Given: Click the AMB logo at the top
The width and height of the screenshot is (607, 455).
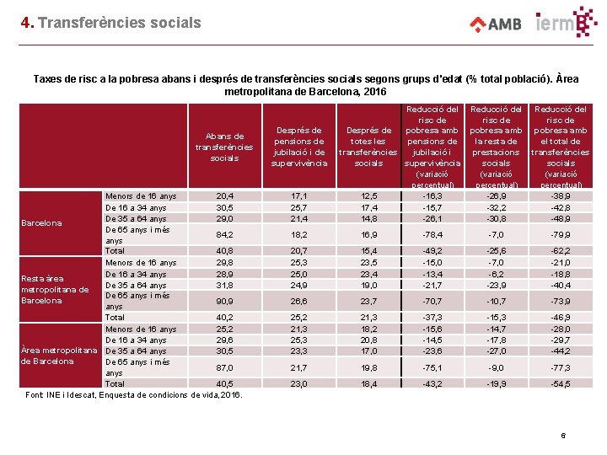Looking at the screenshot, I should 495,23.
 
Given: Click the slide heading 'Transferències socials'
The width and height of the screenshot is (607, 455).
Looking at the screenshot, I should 119,23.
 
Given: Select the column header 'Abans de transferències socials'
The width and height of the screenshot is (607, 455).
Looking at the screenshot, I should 224,147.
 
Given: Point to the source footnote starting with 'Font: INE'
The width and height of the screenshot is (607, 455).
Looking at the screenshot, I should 133,394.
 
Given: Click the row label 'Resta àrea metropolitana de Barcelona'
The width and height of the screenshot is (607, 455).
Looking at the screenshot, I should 55,289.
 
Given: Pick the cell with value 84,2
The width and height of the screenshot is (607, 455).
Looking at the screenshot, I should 225,234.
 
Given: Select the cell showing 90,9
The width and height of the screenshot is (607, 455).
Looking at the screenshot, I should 225,301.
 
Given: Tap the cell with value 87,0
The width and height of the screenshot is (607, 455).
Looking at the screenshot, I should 225,367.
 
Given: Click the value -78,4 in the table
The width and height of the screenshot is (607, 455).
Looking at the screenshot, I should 432,234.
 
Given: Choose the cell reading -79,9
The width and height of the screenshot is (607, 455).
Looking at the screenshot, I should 561,234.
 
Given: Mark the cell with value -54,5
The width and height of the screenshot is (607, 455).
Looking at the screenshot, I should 561,383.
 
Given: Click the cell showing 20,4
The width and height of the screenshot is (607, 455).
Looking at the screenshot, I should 225,195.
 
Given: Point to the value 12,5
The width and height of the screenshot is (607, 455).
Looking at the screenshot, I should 368,195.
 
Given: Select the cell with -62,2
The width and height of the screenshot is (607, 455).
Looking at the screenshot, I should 561,250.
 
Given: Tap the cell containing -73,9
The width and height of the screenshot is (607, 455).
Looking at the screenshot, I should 561,301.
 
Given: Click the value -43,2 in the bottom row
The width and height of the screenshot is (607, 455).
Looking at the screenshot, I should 432,383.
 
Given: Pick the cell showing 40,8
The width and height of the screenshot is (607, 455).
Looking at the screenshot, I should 225,250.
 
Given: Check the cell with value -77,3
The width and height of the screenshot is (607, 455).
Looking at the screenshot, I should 561,367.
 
